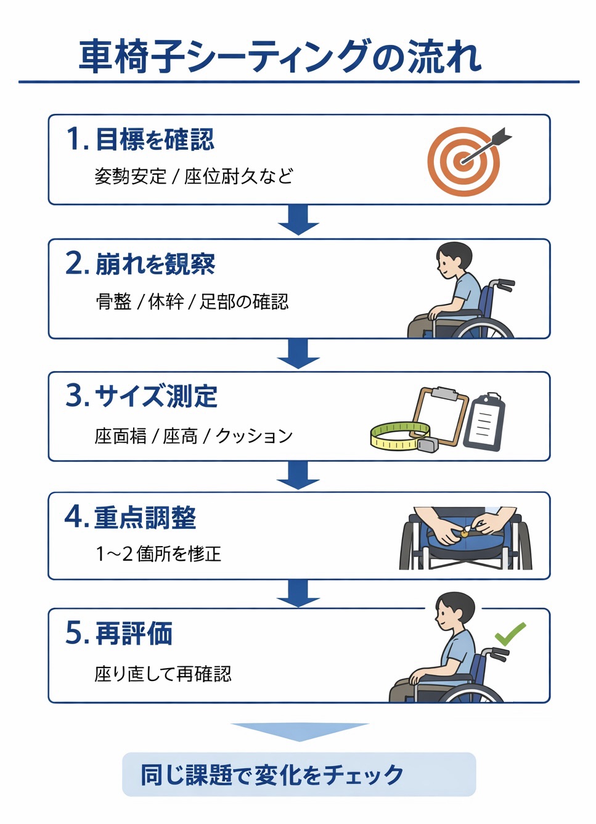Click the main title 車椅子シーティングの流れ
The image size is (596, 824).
coord(280,57)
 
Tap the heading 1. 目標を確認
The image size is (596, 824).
coord(141,139)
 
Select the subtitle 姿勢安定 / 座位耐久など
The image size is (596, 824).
coord(193,176)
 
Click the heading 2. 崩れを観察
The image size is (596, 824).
coord(141,264)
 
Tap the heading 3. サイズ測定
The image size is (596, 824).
coord(142,396)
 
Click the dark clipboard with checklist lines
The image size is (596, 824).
coord(484,422)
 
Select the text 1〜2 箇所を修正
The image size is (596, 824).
coord(158,553)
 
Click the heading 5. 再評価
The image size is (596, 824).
coord(119,633)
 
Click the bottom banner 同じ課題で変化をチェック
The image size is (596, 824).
coord(299,775)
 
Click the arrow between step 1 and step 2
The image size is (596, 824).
coord(298,221)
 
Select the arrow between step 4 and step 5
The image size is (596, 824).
coord(298,593)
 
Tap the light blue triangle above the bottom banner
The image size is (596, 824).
coord(300,731)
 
